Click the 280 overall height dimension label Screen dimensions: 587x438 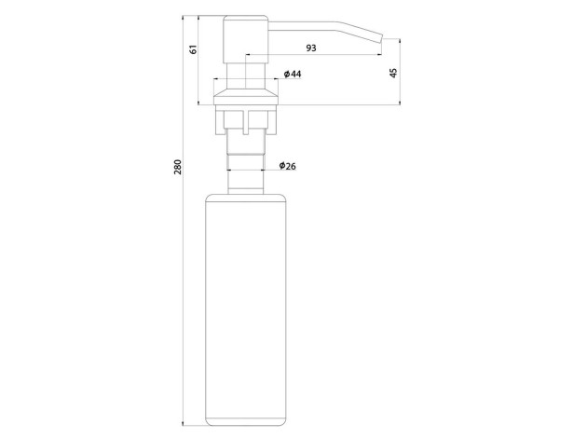(178, 167)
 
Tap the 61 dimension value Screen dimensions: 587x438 (193, 49)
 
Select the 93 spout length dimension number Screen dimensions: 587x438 (311, 48)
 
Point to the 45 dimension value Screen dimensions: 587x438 (393, 73)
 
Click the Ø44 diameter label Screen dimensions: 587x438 (293, 74)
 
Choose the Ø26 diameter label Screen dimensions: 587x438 (288, 166)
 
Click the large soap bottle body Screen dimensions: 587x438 (246, 310)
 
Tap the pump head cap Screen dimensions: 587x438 (246, 39)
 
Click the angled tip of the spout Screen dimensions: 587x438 (380, 38)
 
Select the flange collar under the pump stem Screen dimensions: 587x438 (246, 97)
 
